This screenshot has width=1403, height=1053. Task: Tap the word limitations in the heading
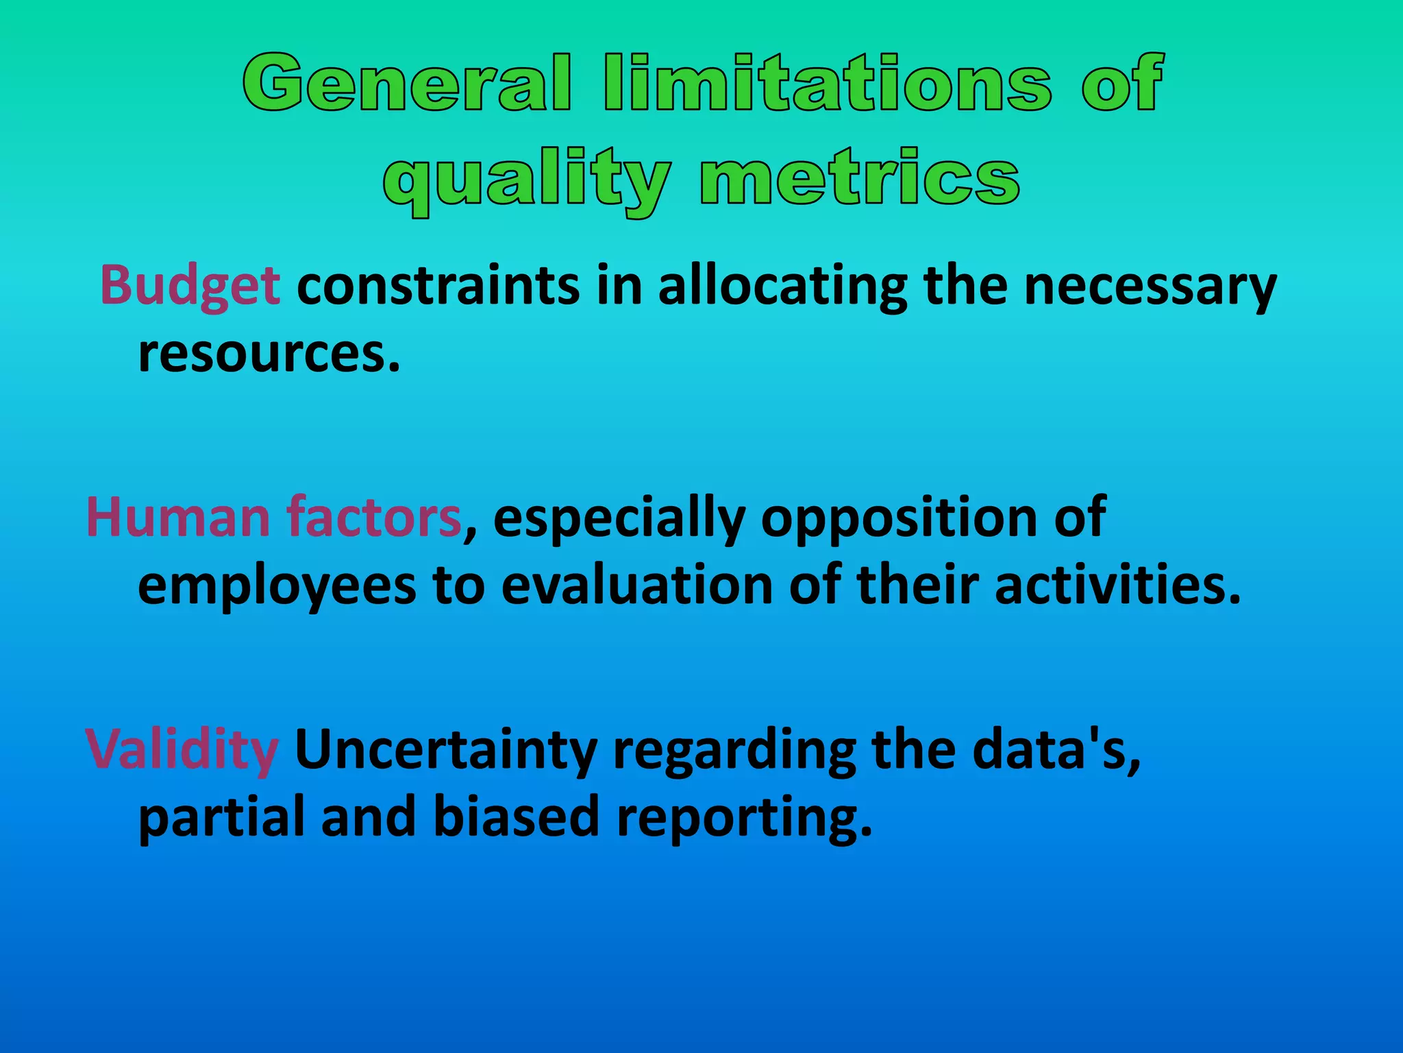[x=828, y=84]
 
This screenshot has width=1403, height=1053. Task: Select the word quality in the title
[x=526, y=180]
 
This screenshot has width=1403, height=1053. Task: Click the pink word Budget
[x=190, y=285]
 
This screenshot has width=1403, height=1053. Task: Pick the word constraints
[x=438, y=285]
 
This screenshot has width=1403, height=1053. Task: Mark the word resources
[x=269, y=354]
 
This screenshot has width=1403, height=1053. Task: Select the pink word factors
[x=374, y=517]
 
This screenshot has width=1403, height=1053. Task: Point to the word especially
[x=619, y=518]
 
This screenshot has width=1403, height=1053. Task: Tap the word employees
[x=277, y=587]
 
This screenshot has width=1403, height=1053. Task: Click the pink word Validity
[x=182, y=750]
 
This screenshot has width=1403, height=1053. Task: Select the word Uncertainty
[x=445, y=750]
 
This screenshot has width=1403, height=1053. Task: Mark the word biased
[x=517, y=817]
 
